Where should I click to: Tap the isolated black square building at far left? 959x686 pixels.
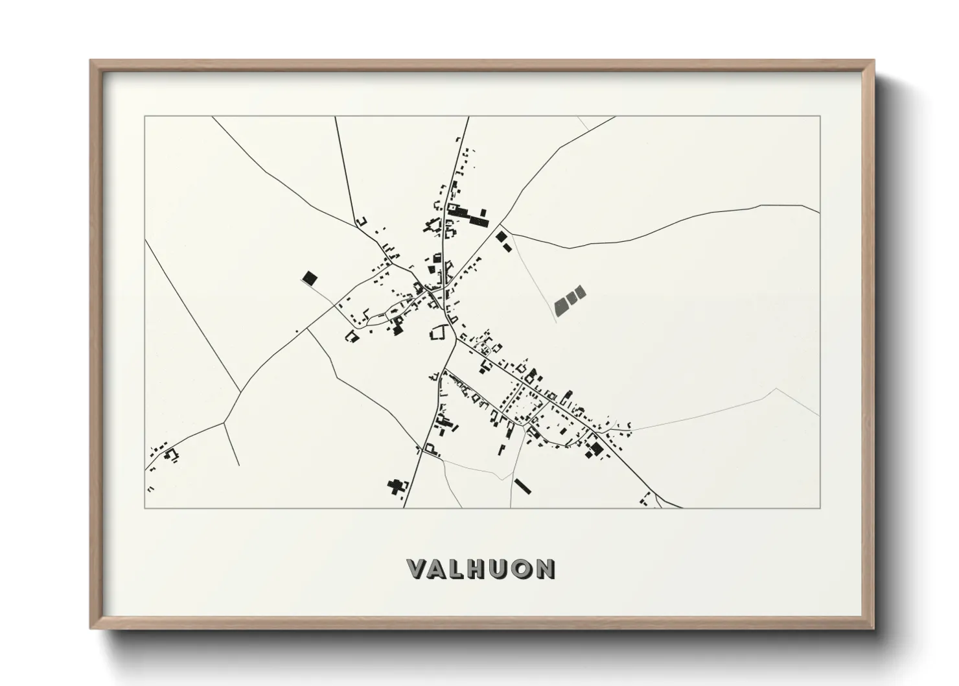pyautogui.click(x=310, y=279)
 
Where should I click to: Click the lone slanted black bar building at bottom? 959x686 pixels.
pyautogui.click(x=522, y=486)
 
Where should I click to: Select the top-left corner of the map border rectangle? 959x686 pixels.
pyautogui.click(x=144, y=117)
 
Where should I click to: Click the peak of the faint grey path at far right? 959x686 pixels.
pyautogui.click(x=776, y=389)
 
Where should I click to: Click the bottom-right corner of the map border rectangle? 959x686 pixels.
pyautogui.click(x=820, y=508)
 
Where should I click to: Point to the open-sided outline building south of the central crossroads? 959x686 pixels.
pyautogui.click(x=439, y=333)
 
